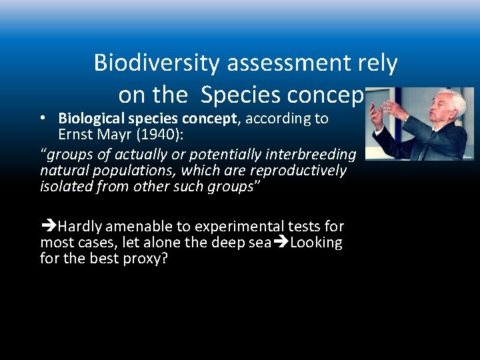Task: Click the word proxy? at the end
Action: (144, 259)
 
